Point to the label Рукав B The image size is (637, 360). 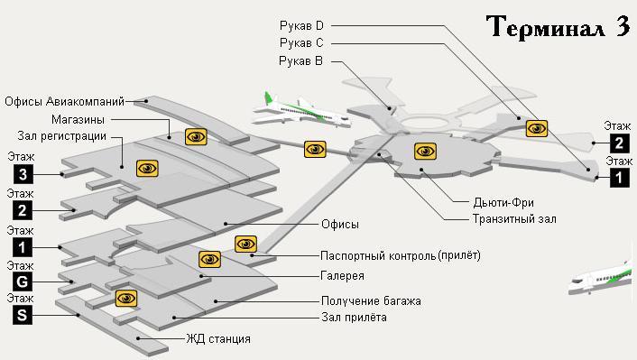coord(301,60)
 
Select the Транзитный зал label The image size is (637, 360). coord(514,218)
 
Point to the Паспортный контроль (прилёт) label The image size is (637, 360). coord(401,255)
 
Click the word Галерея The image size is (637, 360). coord(343,276)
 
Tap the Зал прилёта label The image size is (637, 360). coord(355,318)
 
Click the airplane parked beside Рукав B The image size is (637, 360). coord(298,109)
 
